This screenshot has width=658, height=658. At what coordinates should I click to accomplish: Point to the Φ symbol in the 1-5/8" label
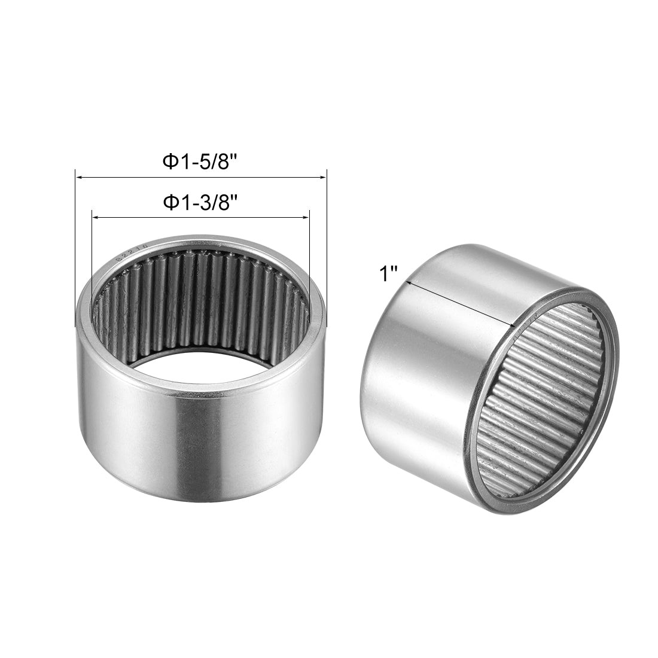[x=170, y=163]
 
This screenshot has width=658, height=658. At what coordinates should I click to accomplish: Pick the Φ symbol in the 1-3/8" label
[x=170, y=203]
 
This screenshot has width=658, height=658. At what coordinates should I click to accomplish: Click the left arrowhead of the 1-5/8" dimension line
[x=78, y=178]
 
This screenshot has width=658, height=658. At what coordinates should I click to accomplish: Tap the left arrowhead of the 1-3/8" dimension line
[x=95, y=217]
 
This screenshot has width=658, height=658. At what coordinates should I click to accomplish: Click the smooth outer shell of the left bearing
[x=197, y=455]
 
